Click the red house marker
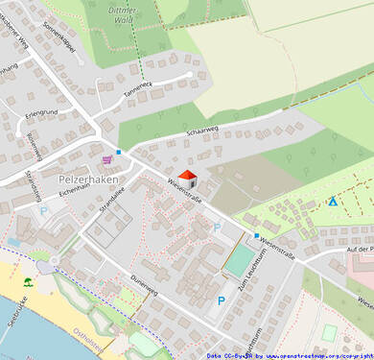click(188, 178)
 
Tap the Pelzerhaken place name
click(87, 180)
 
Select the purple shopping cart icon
click(106, 159)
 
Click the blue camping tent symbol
click(332, 202)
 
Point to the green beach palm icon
click(28, 282)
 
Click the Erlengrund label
click(43, 113)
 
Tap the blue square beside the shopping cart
click(119, 152)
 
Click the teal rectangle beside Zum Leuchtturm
click(236, 261)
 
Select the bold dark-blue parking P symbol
click(222, 301)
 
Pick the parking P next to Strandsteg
click(43, 210)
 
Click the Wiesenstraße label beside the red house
click(185, 191)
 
